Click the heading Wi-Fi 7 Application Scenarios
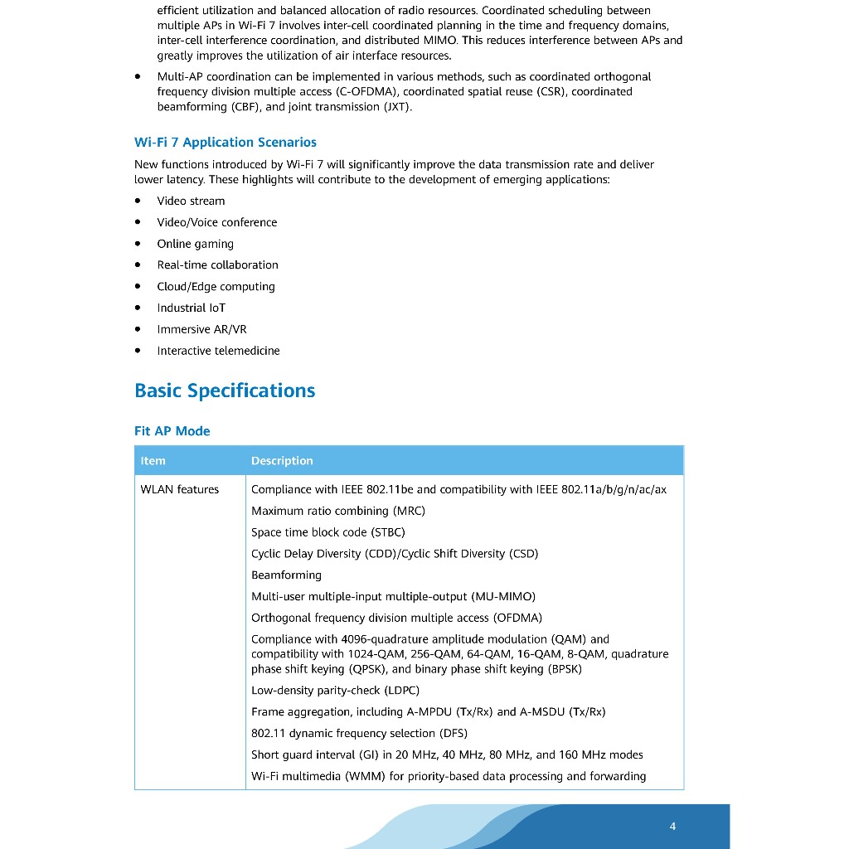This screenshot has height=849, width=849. pos(226,143)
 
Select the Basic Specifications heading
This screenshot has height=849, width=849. pos(225,391)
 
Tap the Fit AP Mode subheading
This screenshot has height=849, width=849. pos(172,431)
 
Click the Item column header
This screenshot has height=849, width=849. pos(153,461)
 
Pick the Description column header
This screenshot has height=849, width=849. pos(282,461)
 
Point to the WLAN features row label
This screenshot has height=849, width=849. pos(180,490)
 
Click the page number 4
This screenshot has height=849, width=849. pos(672,826)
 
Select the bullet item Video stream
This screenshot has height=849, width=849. pos(191,201)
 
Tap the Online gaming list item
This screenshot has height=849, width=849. pos(196,244)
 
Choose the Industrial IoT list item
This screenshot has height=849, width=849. pos(192,308)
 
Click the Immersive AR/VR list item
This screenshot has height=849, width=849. pos(202,329)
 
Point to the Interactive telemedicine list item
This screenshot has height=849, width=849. pos(219,351)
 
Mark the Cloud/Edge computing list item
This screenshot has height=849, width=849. pos(216,287)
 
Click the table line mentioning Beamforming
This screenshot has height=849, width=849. pos(286,575)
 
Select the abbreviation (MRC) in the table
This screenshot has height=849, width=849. pos(409,512)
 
